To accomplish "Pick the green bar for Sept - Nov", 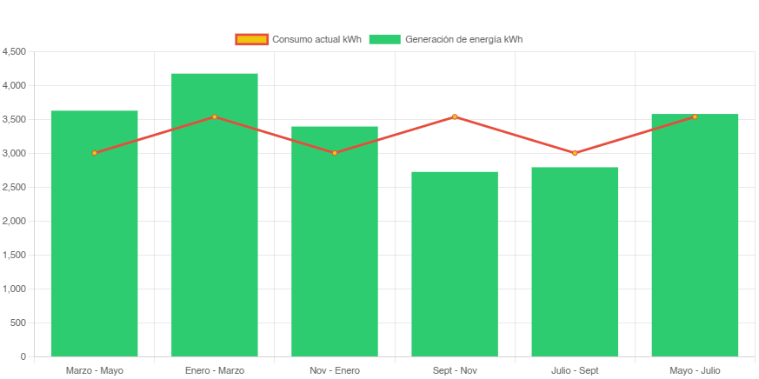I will click(455, 265).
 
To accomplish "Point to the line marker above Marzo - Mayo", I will click(94, 153).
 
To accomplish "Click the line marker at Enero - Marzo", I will click(214, 116).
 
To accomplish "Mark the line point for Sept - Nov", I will click(455, 116).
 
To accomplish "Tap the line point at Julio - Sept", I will click(575, 153).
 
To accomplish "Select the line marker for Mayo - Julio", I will click(695, 116).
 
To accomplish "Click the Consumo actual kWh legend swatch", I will click(251, 39).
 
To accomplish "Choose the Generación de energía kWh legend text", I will click(463, 39).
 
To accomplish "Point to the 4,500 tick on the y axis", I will click(15, 51).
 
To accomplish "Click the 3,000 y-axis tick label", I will click(15, 153).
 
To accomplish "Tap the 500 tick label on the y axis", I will click(18, 322).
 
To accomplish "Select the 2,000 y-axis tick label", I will click(15, 221).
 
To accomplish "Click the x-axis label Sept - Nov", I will click(455, 370).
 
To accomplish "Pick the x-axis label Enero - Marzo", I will click(214, 370).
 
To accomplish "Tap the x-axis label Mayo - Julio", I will click(695, 370).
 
